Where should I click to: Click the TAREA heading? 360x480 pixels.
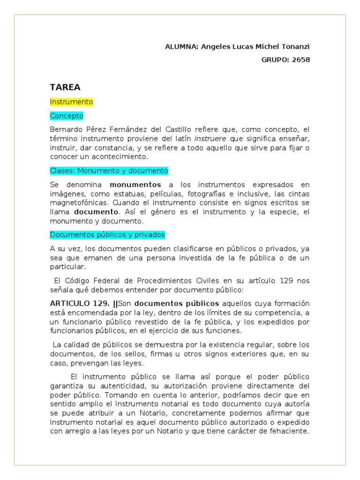pos(65,87)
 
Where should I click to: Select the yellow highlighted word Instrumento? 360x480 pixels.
pos(71,102)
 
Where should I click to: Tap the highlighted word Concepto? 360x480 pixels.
pos(67,115)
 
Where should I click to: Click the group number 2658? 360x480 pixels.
pos(300,60)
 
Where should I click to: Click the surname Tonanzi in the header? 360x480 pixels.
pos(295,47)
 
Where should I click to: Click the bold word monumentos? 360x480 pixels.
pos(135,185)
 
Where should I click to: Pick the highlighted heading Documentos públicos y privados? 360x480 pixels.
pos(107,235)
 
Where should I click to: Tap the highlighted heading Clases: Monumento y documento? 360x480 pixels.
pos(109,171)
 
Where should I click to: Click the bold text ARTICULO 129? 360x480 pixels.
pos(80,303)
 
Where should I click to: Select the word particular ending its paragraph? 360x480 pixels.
pos(67,267)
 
